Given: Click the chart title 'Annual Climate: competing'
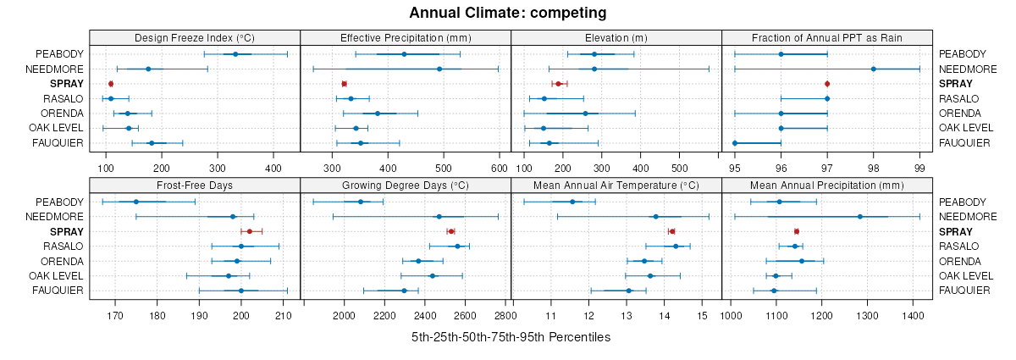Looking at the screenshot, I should coord(508,13).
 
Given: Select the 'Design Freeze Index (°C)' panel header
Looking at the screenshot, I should coord(195,38).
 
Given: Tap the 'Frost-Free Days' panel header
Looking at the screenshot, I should coord(195,186).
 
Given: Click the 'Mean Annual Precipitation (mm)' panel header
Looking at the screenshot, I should coord(827,186).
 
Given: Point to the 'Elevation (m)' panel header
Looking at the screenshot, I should coord(616,38).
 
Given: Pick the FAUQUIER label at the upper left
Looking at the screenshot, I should coord(58,143).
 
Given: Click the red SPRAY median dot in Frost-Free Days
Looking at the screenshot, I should coord(249,231).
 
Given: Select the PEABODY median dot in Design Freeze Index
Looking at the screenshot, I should coord(235,54).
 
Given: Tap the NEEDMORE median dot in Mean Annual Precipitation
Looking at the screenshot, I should coord(860,217).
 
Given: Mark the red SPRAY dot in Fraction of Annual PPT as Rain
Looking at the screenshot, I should coord(827,84).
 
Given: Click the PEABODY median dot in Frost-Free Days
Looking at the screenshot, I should coord(135,202).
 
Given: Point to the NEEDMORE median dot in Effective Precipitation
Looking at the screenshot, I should coord(416,69).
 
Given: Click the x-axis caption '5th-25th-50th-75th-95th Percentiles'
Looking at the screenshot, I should coord(511,337).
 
